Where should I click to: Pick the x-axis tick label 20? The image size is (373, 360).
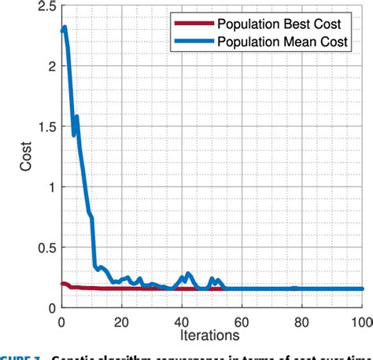(x=120, y=321)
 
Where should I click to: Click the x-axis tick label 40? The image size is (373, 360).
(x=181, y=321)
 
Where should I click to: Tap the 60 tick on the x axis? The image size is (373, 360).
(x=242, y=321)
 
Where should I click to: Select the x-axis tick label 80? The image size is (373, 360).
(x=301, y=321)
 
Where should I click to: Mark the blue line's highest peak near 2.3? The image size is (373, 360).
(x=64, y=28)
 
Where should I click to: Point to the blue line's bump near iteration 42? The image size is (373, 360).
(x=188, y=274)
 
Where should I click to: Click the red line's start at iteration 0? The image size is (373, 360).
(x=61, y=284)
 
